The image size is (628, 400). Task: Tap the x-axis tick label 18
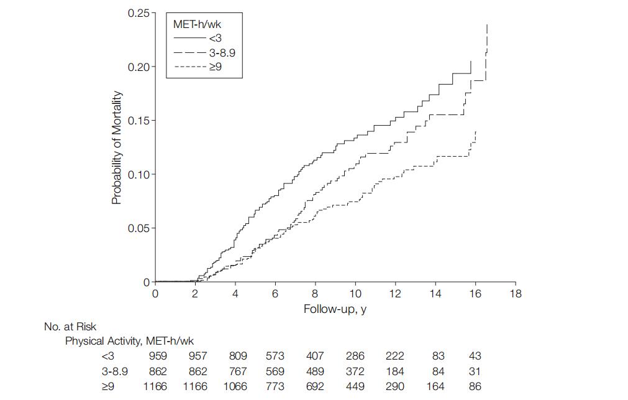click(x=515, y=294)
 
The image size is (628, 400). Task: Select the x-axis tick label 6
click(x=275, y=294)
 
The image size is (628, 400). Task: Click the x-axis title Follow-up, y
click(x=335, y=309)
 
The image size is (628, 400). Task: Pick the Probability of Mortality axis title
click(x=116, y=148)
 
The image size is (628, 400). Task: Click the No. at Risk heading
click(x=70, y=326)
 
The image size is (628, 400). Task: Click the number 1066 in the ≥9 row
click(x=234, y=386)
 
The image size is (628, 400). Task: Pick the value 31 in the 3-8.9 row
click(x=475, y=371)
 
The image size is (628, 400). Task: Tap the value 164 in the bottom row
click(x=435, y=386)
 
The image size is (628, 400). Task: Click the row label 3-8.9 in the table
click(x=115, y=371)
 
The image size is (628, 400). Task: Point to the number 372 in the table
click(x=355, y=371)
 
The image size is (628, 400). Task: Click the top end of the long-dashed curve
click(x=487, y=25)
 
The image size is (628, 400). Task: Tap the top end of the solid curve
click(x=471, y=61)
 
